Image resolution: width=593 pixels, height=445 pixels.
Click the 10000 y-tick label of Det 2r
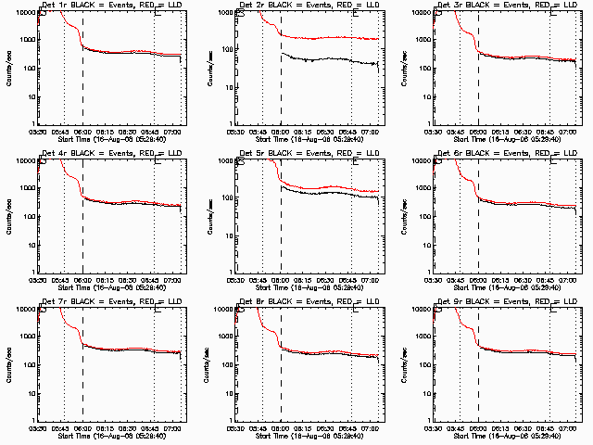pyautogui.click(x=223, y=13)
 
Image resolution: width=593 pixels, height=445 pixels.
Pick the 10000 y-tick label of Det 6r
pyautogui.click(x=422, y=161)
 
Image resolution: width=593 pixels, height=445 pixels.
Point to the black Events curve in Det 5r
pyautogui.click(x=324, y=196)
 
